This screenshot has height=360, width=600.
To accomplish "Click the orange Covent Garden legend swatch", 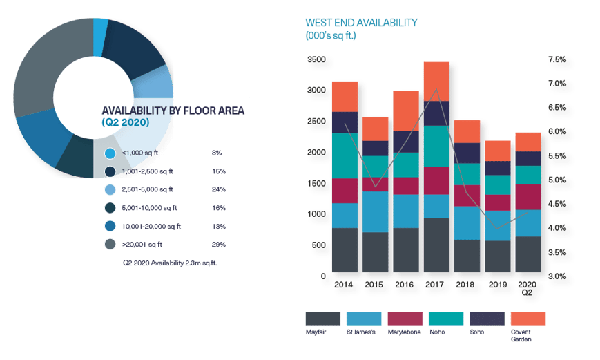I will (528, 319).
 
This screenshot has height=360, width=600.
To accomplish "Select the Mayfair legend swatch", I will (323, 319).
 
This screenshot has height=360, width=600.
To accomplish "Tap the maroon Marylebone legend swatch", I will (405, 319).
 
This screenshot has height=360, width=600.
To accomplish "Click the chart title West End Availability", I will (361, 23).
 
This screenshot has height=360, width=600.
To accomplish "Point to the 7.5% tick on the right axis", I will (557, 59).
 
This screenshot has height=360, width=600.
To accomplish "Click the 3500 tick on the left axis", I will (316, 60).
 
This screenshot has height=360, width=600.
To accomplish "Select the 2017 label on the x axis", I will (436, 284).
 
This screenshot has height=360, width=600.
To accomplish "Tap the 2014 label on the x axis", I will (345, 284).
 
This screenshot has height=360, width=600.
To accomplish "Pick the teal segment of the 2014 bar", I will (345, 155).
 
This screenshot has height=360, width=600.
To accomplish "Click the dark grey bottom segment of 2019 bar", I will (496, 256).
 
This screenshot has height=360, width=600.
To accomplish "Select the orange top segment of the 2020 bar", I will (528, 141).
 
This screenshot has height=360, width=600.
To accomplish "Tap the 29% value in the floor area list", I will (219, 244).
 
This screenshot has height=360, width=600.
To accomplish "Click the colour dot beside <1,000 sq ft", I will (110, 153).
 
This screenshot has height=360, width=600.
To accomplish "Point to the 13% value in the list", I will (219, 226).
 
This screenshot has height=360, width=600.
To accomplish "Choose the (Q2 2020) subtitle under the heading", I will (125, 122).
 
